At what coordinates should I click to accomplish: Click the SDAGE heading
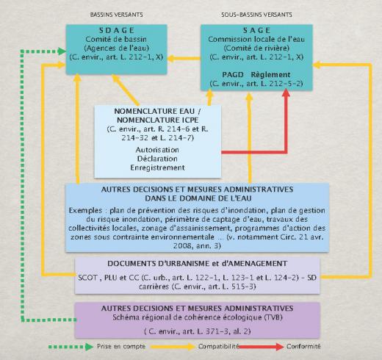click(117, 30)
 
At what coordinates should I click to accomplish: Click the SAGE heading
click(256, 30)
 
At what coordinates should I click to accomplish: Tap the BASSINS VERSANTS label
click(117, 15)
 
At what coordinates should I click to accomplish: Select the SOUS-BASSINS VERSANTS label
click(256, 15)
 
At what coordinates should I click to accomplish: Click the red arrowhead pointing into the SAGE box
click(286, 93)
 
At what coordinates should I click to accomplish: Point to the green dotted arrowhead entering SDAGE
click(62, 51)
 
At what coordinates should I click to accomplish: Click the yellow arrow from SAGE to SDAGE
click(184, 59)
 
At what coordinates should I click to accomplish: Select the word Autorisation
click(157, 150)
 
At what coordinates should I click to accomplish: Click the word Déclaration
click(157, 159)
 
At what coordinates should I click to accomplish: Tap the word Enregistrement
click(157, 168)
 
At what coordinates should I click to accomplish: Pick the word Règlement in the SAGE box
click(270, 75)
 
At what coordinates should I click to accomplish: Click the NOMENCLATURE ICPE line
click(157, 120)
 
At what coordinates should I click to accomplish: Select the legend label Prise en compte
click(121, 347)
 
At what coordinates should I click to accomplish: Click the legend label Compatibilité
click(219, 347)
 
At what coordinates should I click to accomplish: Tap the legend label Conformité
click(303, 347)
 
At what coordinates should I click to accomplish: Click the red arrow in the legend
click(261, 347)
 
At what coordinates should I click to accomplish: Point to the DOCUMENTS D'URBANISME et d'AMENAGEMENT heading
click(198, 264)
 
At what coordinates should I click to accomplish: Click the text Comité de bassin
click(116, 39)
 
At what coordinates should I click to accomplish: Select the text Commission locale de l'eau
click(256, 39)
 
